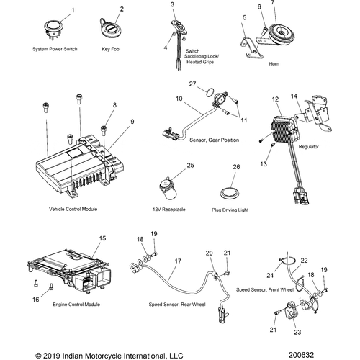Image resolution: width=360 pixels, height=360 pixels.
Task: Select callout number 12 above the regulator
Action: pos(274,98)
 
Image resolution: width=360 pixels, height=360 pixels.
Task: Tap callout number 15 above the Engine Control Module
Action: pos(102,237)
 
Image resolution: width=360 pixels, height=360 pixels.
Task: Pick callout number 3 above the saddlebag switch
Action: pos(172,5)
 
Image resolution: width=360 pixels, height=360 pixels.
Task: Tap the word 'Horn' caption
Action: pos(273,63)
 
